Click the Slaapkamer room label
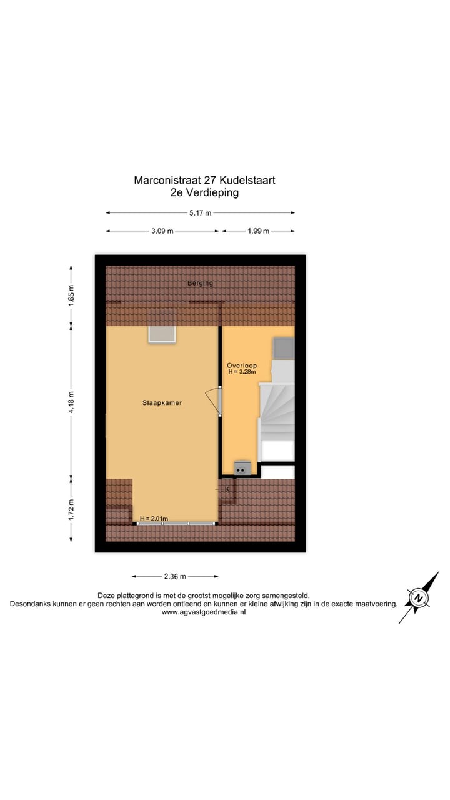tap(162, 403)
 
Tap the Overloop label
tap(242, 366)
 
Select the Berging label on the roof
tap(201, 283)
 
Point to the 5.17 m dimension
tap(200, 212)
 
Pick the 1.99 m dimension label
tap(257, 231)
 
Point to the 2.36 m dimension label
tap(175, 576)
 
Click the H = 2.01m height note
tap(154, 519)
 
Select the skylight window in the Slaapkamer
tap(162, 334)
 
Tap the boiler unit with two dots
tap(242, 468)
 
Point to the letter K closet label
tap(227, 489)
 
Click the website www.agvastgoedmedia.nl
tap(204, 612)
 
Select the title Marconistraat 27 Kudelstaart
tap(204, 180)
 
